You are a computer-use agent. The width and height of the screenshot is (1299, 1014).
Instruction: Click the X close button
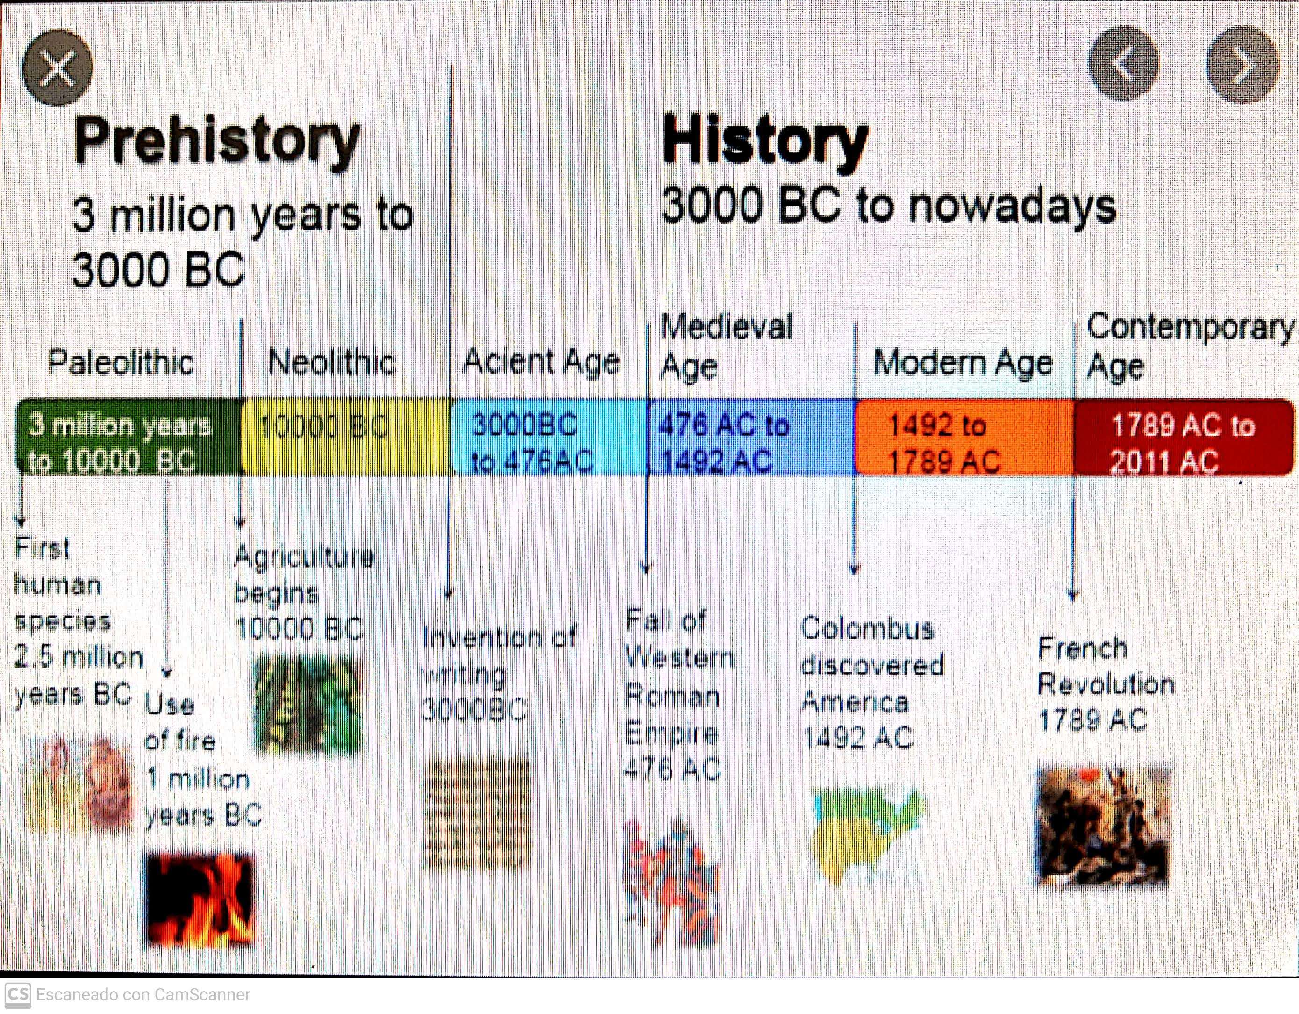(57, 67)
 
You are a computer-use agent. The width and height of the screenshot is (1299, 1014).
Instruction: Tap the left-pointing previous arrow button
(1123, 63)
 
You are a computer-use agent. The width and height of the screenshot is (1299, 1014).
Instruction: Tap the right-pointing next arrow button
(1242, 64)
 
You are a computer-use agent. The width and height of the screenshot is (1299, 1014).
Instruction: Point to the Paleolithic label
(121, 362)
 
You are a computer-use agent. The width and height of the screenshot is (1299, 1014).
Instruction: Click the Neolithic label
(332, 362)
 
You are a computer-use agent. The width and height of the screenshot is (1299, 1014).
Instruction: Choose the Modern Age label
(963, 363)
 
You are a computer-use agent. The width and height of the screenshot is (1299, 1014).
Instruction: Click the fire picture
(201, 900)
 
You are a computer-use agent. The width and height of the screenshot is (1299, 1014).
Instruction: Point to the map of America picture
(868, 833)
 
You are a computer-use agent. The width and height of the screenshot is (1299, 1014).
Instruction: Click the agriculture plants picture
(308, 704)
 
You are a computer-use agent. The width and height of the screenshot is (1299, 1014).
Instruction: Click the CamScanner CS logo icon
(17, 994)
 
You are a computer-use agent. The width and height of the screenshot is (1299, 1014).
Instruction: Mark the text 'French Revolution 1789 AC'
(1105, 684)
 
